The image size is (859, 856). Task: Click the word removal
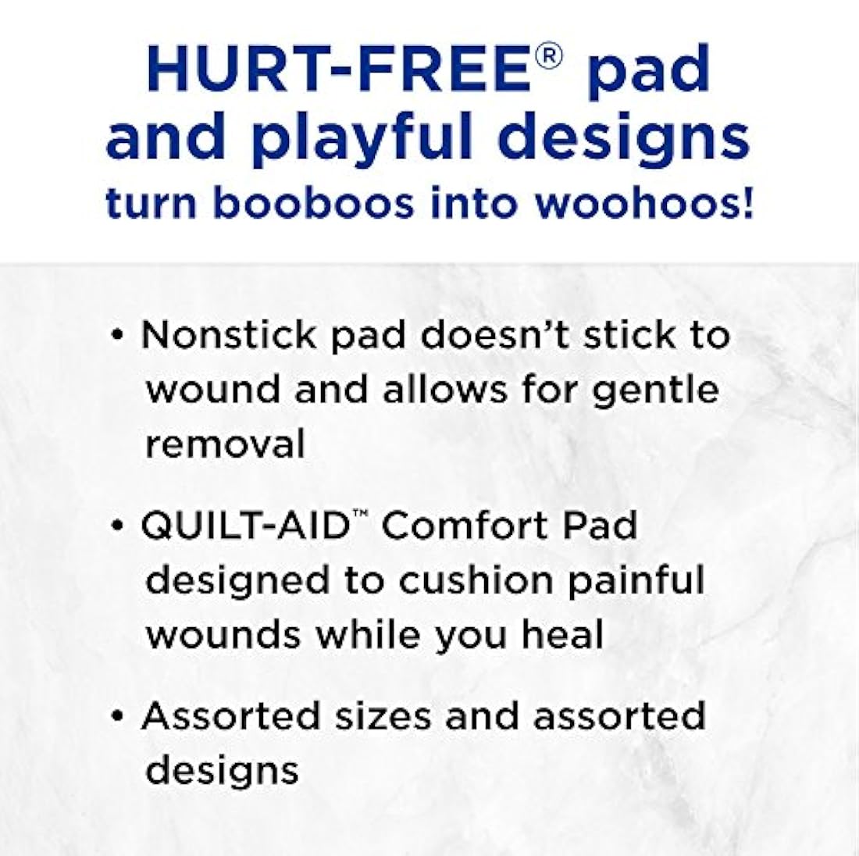tap(225, 444)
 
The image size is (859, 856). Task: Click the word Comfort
tap(461, 526)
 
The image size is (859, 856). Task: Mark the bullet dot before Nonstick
tap(118, 336)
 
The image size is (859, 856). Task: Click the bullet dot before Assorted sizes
tap(118, 717)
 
